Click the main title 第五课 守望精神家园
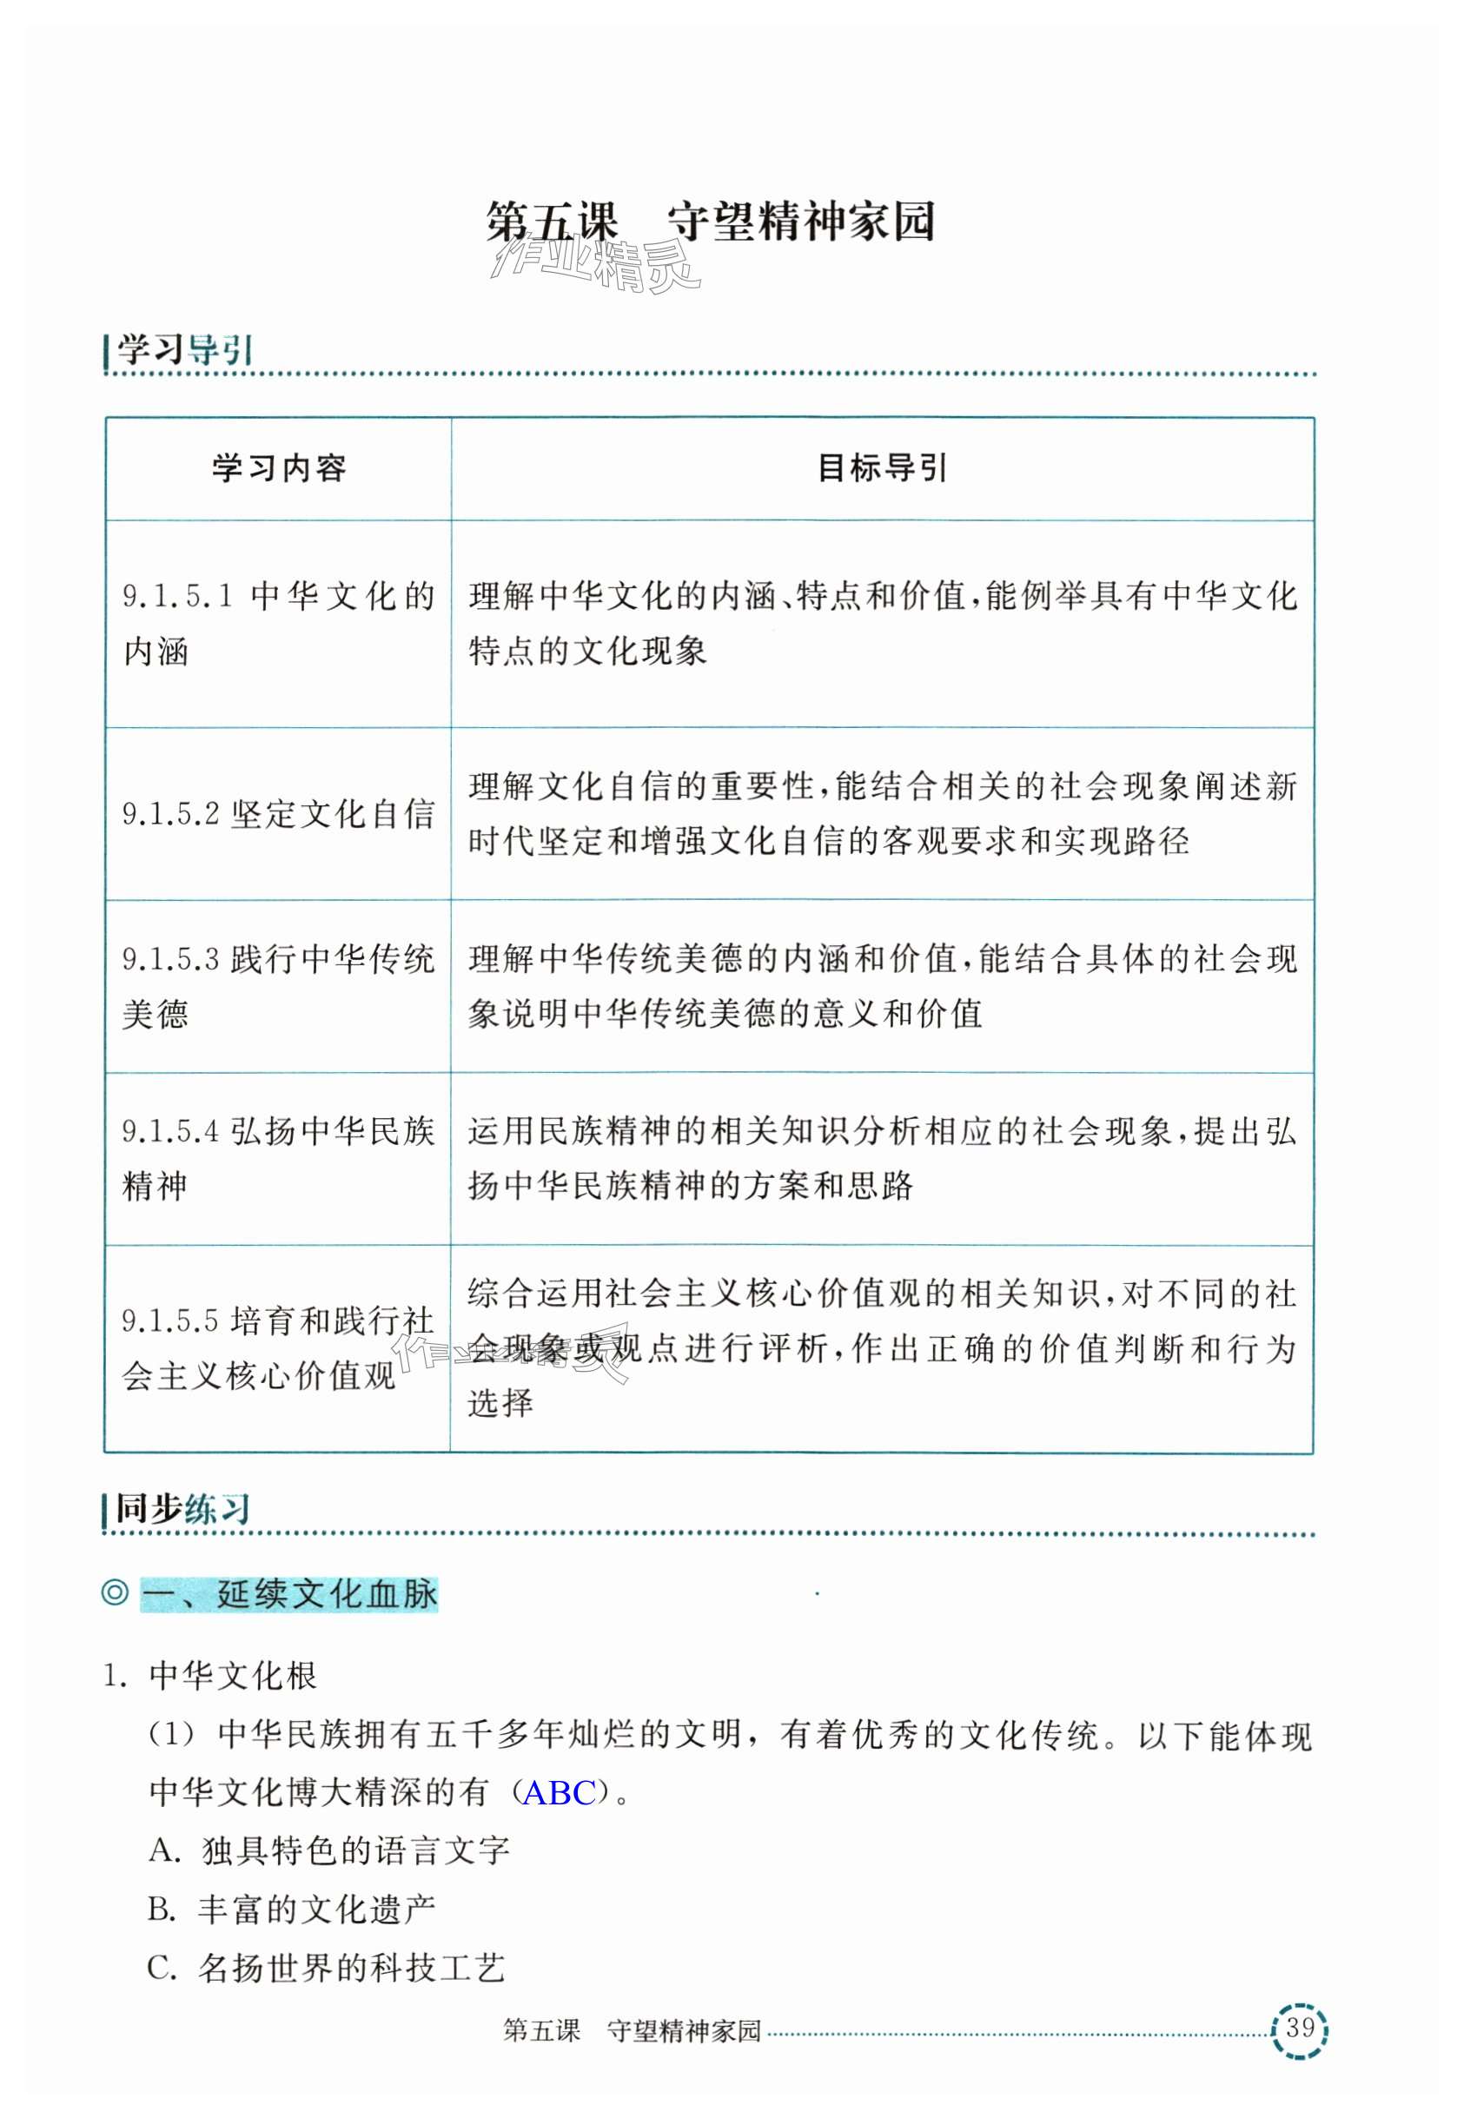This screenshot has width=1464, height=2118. click(x=710, y=223)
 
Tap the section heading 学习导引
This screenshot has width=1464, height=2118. click(x=182, y=349)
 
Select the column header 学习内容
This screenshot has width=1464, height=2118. click(x=279, y=469)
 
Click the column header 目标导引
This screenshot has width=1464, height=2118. click(x=882, y=469)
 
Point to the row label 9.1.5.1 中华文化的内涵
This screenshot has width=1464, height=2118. click(x=278, y=623)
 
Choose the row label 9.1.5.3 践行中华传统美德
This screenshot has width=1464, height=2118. click(x=278, y=986)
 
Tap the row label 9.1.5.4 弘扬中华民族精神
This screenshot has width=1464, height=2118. click(x=278, y=1158)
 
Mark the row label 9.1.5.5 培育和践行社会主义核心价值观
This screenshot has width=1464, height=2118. click(x=278, y=1347)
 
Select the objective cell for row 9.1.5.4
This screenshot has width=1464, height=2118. click(x=882, y=1158)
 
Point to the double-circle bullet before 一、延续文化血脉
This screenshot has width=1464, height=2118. click(x=115, y=1592)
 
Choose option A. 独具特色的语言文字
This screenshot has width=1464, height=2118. click(x=328, y=1850)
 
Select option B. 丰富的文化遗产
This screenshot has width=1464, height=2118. click(x=292, y=1909)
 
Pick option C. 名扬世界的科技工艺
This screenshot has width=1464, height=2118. click(x=327, y=1968)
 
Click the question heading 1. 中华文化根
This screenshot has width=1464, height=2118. click(x=211, y=1676)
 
